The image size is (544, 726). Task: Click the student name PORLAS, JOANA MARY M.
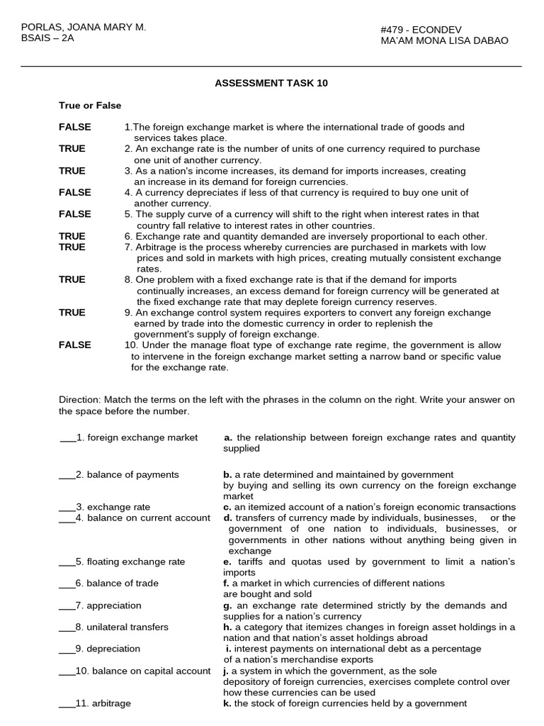pyautogui.click(x=84, y=27)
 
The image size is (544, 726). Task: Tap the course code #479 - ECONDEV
pyautogui.click(x=421, y=29)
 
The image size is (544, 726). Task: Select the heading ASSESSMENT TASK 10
pyautogui.click(x=271, y=83)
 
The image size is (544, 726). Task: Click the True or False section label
pyautogui.click(x=90, y=105)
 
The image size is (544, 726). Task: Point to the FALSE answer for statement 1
pyautogui.click(x=74, y=127)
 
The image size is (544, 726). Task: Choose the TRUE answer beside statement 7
pyautogui.click(x=72, y=247)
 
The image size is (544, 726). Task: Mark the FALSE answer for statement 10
pyautogui.click(x=74, y=345)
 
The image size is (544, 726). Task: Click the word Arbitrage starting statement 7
pyautogui.click(x=155, y=247)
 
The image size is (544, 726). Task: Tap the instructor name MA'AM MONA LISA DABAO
pyautogui.click(x=444, y=40)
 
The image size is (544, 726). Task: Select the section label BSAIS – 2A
pyautogui.click(x=47, y=38)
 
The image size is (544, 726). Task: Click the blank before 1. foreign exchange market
pyautogui.click(x=67, y=437)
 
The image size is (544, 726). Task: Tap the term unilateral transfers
pyautogui.click(x=127, y=627)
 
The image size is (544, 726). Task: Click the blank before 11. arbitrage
pyautogui.click(x=67, y=703)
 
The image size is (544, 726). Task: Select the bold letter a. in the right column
pyautogui.click(x=228, y=437)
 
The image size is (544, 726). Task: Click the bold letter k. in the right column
pyautogui.click(x=227, y=703)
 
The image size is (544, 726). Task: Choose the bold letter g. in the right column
pyautogui.click(x=227, y=605)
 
